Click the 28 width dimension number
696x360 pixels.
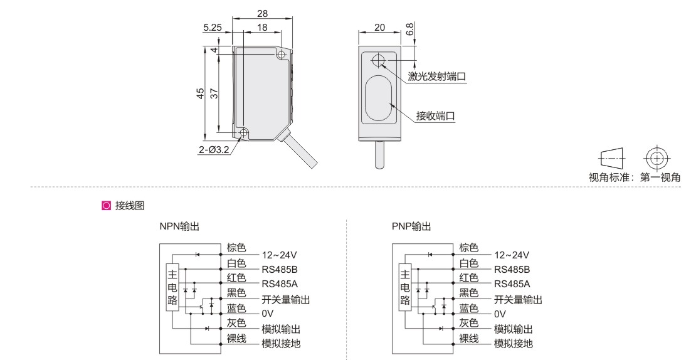click(263, 14)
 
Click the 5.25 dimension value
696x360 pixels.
click(212, 28)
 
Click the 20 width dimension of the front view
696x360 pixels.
click(379, 28)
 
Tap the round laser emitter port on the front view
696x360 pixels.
click(378, 60)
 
